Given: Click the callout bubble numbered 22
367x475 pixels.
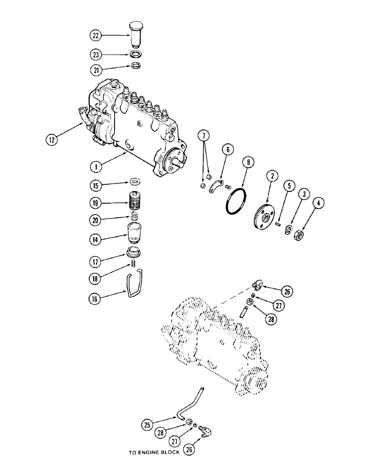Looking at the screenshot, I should click(x=96, y=35).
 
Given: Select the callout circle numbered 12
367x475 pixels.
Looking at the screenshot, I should click(x=53, y=140).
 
